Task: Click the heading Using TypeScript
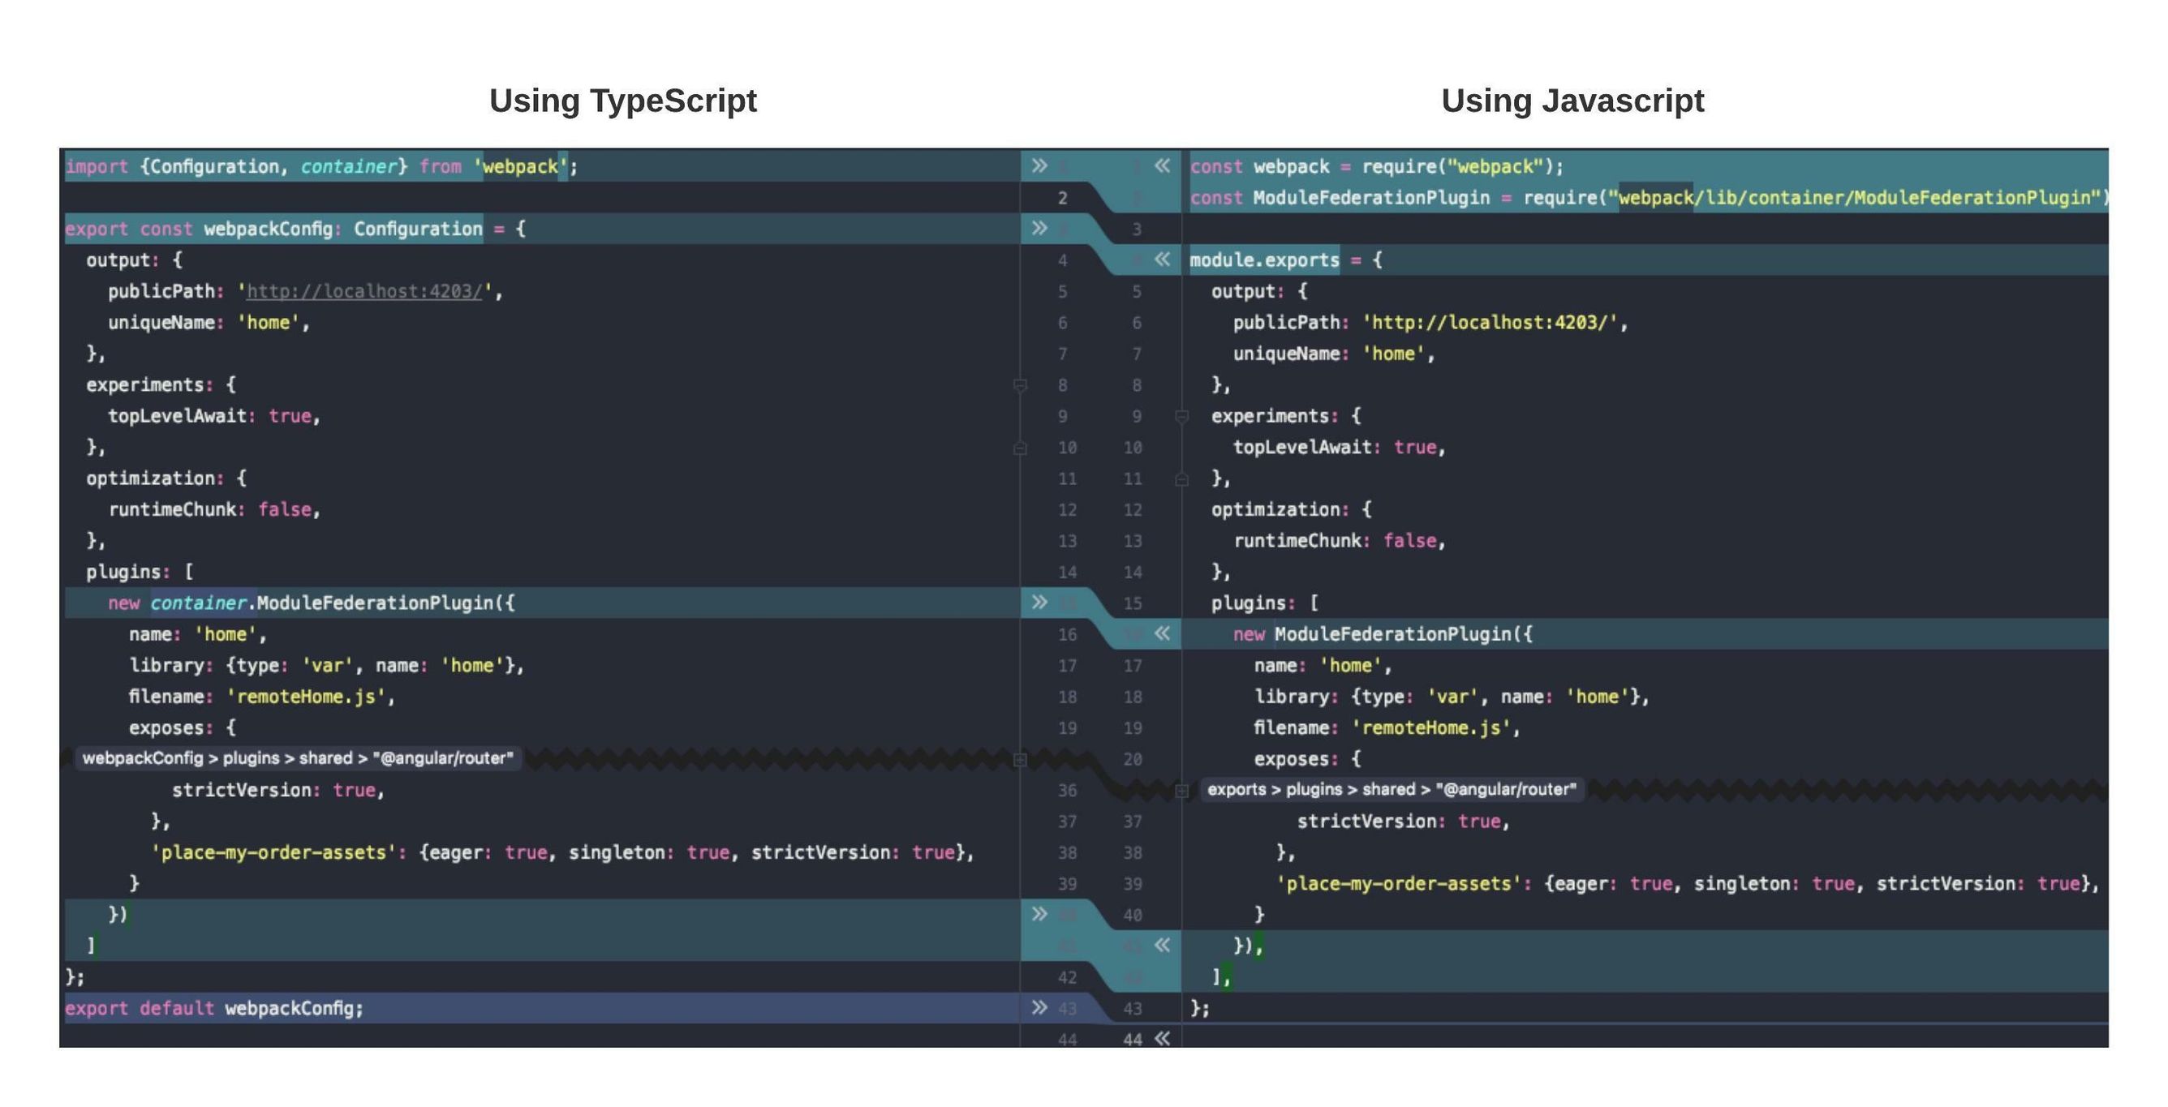coord(623,101)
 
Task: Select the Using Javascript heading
coord(1572,101)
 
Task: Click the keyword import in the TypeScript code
coord(97,166)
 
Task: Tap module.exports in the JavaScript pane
coord(1263,260)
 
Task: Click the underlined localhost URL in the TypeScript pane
coord(363,292)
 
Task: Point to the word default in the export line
coord(177,1008)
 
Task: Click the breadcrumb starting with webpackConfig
coord(297,758)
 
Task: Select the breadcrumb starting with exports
coord(1392,789)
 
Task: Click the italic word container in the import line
coord(348,166)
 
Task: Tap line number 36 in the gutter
coord(1066,790)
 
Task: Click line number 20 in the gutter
coord(1133,759)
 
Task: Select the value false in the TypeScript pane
coord(285,510)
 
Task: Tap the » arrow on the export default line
coord(1039,1007)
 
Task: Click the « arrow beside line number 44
coord(1162,1038)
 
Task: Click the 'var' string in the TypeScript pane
coord(326,665)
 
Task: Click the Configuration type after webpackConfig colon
coord(417,229)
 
